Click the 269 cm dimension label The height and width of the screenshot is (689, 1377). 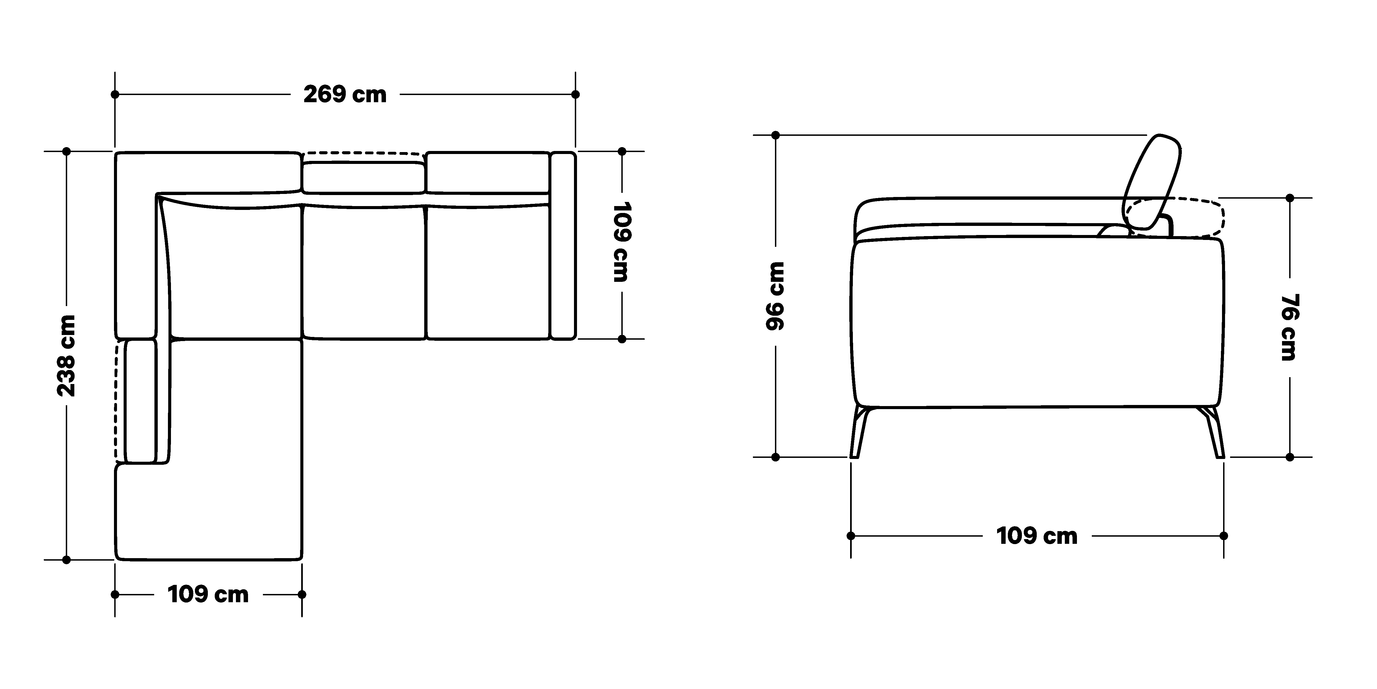click(345, 95)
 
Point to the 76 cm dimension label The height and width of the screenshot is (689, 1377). click(1289, 327)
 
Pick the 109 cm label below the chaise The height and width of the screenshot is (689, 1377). click(208, 594)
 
